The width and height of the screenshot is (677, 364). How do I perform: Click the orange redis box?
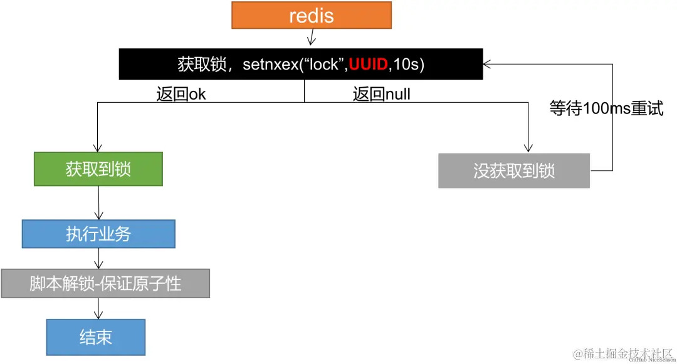[x=311, y=15]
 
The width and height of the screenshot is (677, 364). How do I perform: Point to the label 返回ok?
[x=181, y=94]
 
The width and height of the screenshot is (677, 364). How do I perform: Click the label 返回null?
[x=381, y=94]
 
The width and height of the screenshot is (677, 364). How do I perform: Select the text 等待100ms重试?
[x=606, y=108]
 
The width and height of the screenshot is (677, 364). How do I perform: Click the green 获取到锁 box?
[x=98, y=169]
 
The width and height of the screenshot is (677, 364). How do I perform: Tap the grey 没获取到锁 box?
[x=513, y=170]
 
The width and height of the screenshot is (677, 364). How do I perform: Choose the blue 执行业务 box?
[x=98, y=234]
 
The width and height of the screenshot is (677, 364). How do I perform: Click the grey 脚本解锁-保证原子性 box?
[x=105, y=283]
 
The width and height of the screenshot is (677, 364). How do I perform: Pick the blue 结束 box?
[x=95, y=337]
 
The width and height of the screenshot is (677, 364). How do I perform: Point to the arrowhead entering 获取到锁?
[x=98, y=147]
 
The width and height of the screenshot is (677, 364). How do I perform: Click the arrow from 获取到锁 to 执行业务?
[x=98, y=203]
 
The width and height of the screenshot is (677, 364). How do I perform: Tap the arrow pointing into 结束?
[x=98, y=309]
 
